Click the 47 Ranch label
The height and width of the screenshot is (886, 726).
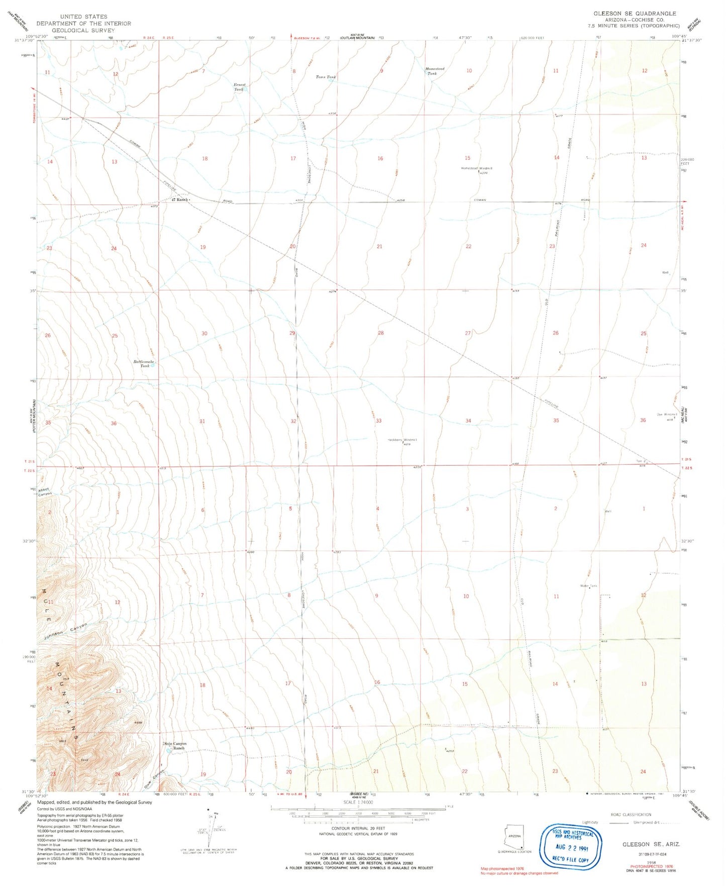pos(179,200)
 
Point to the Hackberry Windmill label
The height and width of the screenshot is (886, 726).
pos(402,440)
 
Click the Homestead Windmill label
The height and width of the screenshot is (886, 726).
pos(477,168)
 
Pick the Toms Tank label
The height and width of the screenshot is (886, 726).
pos(326,77)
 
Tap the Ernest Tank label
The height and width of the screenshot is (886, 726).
pos(239,86)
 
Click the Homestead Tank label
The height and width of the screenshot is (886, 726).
pos(435,71)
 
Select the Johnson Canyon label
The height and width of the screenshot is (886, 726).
pos(65,631)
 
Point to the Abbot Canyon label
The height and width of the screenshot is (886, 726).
pos(45,491)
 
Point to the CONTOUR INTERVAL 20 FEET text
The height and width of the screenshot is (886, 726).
pos(352,828)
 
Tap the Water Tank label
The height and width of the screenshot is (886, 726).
pos(588,586)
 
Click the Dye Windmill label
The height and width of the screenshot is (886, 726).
pos(667,415)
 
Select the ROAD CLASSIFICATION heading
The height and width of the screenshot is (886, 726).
pos(631,815)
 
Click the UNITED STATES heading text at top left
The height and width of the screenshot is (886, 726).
pos(83,17)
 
